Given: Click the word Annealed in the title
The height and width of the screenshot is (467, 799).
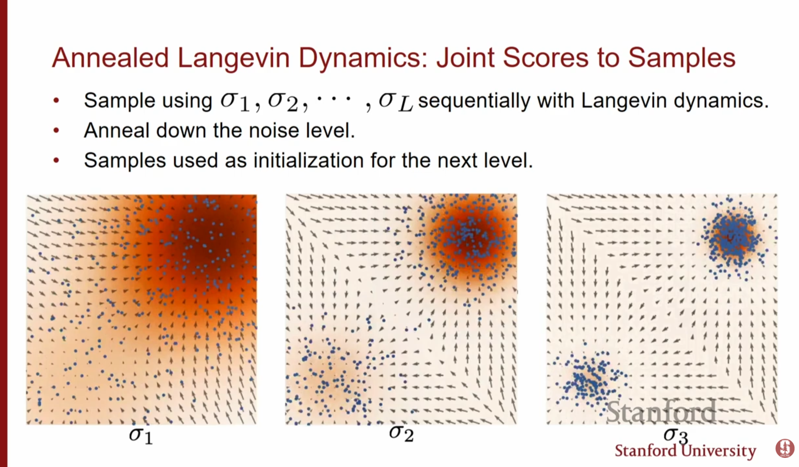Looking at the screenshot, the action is pos(110,58).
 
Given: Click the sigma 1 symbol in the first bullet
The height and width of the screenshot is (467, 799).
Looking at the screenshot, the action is pos(235,103).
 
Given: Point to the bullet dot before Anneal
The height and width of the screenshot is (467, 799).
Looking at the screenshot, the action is pos(56,130).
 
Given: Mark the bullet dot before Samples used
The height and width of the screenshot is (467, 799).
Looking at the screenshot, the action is pos(56,160).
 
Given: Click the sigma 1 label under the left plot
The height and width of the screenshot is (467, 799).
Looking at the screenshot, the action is pos(141,435).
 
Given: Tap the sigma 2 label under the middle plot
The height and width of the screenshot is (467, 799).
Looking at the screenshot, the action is pos(401,433).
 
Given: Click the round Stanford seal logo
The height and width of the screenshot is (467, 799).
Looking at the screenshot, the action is pos(785,448).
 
